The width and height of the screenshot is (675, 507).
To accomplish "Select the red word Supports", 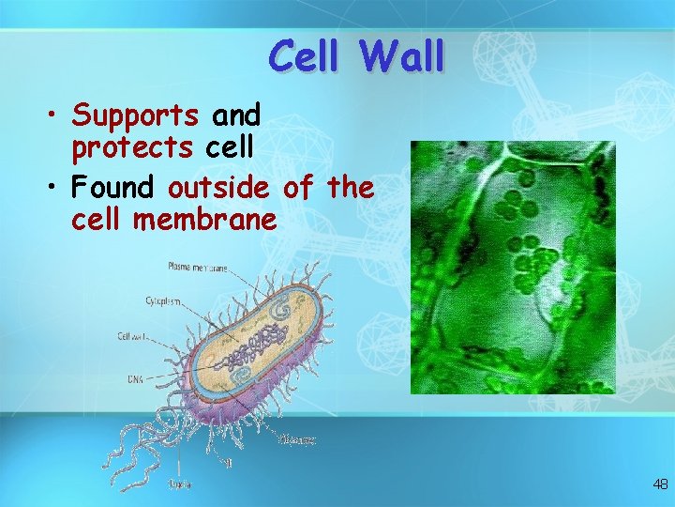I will tap(136, 116).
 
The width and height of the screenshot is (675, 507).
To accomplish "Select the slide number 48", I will tap(660, 484).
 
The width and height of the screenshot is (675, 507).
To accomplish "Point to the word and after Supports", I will tap(235, 116).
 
